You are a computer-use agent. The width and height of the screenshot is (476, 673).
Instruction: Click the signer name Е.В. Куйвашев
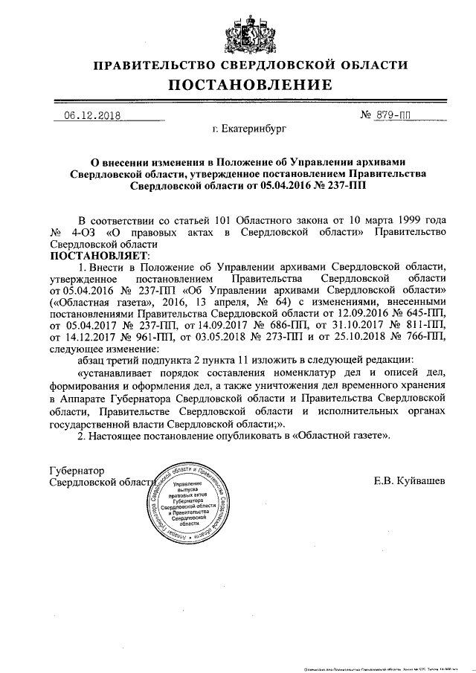(x=410, y=482)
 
